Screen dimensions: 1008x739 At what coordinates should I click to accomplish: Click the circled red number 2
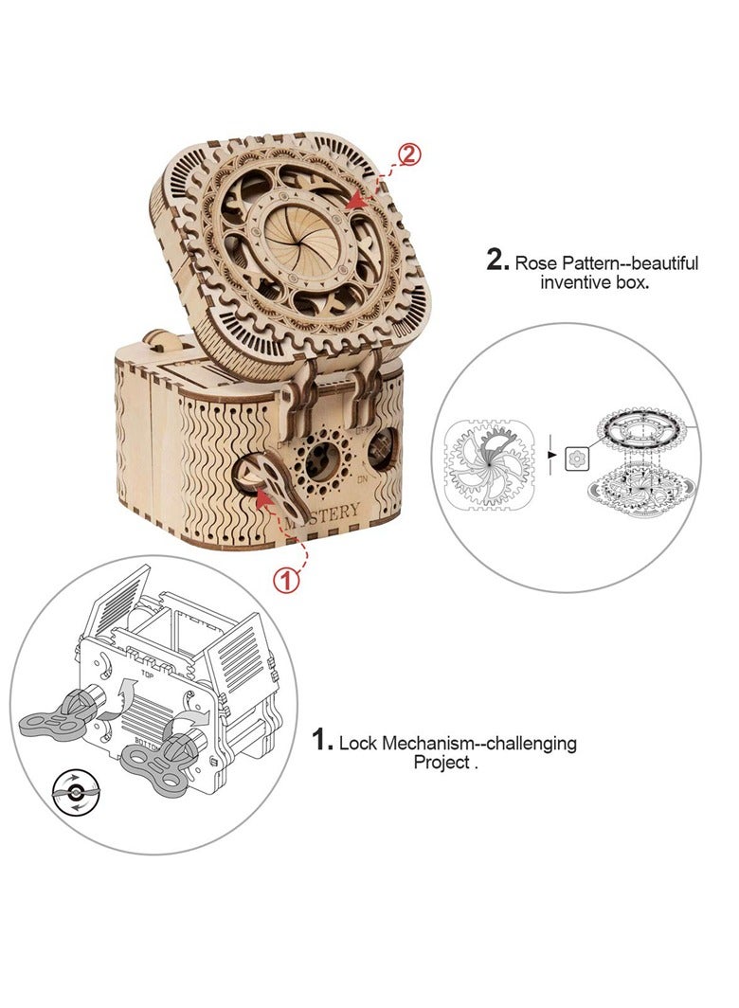[x=409, y=154]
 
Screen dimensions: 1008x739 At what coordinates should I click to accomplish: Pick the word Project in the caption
[x=441, y=763]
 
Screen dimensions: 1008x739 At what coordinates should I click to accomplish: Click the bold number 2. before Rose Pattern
[x=498, y=261]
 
